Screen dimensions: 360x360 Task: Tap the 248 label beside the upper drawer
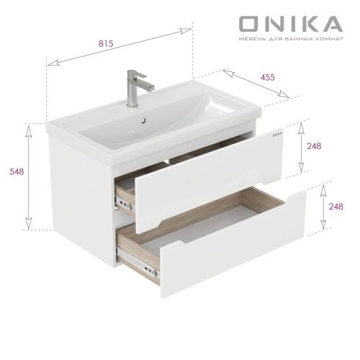pos(313,146)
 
